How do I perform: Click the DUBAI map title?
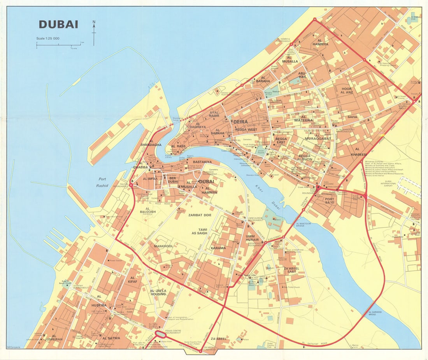pyautogui.click(x=58, y=24)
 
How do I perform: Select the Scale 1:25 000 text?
pyautogui.click(x=48, y=38)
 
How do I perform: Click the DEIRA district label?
pyautogui.click(x=240, y=122)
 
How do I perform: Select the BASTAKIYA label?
pyautogui.click(x=202, y=161)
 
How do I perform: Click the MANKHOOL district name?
pyautogui.click(x=163, y=246)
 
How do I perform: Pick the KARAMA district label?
pyautogui.click(x=218, y=248)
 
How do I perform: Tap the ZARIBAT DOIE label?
pyautogui.click(x=200, y=215)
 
